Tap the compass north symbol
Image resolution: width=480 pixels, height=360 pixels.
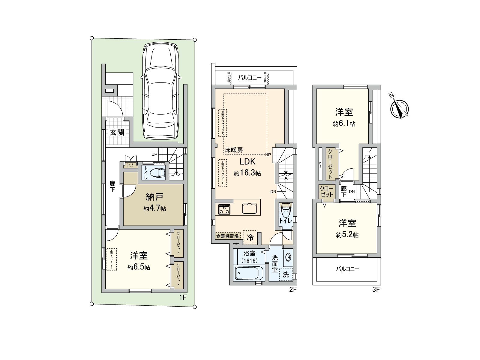click(400, 109)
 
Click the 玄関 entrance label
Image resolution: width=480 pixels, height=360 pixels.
click(117, 132)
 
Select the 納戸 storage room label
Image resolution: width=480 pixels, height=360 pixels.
click(154, 197)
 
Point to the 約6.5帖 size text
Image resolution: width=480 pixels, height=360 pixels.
click(139, 267)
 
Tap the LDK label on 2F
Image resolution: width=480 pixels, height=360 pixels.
click(247, 162)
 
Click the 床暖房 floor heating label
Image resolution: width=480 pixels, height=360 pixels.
click(234, 150)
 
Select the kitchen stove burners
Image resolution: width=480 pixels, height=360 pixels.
click(224, 209)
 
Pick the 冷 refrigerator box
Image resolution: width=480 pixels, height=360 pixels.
click(250, 237)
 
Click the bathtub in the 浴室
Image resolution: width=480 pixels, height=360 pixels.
click(249, 273)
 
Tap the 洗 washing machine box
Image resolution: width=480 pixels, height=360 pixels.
click(286, 274)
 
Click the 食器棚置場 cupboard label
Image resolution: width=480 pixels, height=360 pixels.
click(228, 236)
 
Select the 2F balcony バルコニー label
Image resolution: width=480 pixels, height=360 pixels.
click(250, 78)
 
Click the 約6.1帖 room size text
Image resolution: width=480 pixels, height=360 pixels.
click(344, 124)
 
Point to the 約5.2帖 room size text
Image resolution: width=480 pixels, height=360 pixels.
click(347, 235)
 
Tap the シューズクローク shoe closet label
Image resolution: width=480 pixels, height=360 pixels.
click(130, 165)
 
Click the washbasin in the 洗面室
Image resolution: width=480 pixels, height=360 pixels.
click(288, 257)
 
